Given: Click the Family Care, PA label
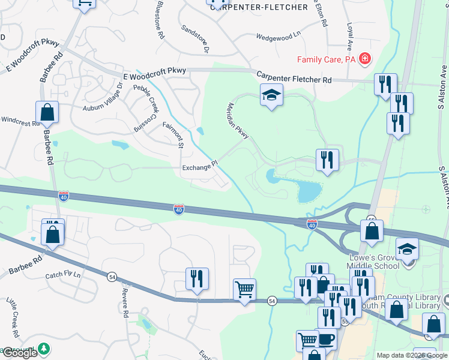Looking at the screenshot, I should click(x=327, y=59).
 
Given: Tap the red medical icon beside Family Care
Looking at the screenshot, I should click(x=364, y=59).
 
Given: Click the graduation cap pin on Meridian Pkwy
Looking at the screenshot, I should click(x=271, y=95).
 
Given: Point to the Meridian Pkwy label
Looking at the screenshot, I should click(x=238, y=121).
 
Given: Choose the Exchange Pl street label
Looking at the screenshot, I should click(x=199, y=168).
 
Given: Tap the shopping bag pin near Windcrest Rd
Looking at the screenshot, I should click(x=47, y=112).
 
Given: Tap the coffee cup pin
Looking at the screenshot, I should click(x=327, y=340).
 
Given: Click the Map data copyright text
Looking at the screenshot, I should click(x=411, y=355).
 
